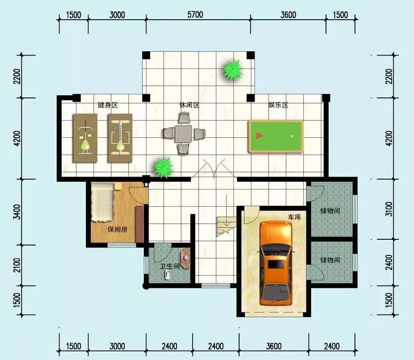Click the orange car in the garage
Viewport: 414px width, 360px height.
pyautogui.click(x=276, y=263)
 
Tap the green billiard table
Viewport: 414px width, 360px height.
pyautogui.click(x=276, y=136)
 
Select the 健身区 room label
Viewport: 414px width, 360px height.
pyautogui.click(x=108, y=105)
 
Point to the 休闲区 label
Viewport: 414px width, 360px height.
pyautogui.click(x=189, y=105)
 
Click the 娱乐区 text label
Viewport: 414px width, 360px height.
pyautogui.click(x=278, y=105)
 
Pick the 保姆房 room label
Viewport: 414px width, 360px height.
pyautogui.click(x=117, y=229)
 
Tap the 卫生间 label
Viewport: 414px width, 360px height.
pyautogui.click(x=170, y=266)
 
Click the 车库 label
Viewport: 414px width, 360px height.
pyautogui.click(x=294, y=217)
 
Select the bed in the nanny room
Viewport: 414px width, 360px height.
pyautogui.click(x=102, y=203)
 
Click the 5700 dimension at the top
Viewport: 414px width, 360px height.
pyautogui.click(x=196, y=15)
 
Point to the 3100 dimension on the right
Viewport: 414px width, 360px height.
pyautogui.click(x=389, y=209)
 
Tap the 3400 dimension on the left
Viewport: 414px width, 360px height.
pyautogui.click(x=17, y=212)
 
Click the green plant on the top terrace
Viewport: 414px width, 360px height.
pyautogui.click(x=232, y=70)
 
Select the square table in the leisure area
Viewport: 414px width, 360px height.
pyautogui.click(x=183, y=134)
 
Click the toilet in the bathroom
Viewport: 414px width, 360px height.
pyautogui.click(x=167, y=275)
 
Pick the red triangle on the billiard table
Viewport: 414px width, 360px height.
pyautogui.click(x=260, y=136)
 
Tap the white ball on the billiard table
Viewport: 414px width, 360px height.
pyautogui.click(x=292, y=136)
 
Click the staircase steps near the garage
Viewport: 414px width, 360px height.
pyautogui.click(x=227, y=226)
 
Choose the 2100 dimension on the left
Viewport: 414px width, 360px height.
pyautogui.click(x=17, y=265)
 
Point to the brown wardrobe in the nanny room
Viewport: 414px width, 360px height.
pyautogui.click(x=140, y=224)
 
